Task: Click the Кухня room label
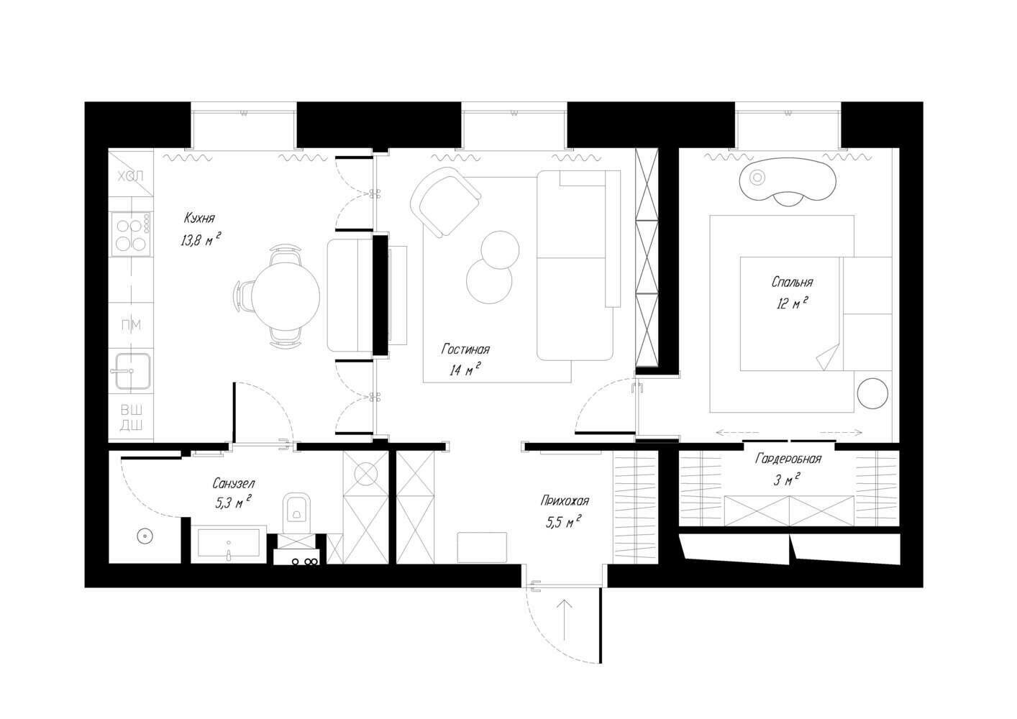(x=199, y=218)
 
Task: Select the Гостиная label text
(x=465, y=349)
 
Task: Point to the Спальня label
(x=793, y=283)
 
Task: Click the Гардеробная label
(x=788, y=459)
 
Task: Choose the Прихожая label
(x=565, y=501)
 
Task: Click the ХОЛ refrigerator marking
(x=131, y=176)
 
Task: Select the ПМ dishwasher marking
(x=131, y=325)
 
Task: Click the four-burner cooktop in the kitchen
(x=131, y=234)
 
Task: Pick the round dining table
(x=286, y=297)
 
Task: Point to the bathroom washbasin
(x=229, y=545)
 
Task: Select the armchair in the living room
(x=445, y=202)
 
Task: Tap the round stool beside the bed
(x=872, y=393)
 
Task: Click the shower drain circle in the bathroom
(x=145, y=536)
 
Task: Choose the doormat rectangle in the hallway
(x=482, y=547)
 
